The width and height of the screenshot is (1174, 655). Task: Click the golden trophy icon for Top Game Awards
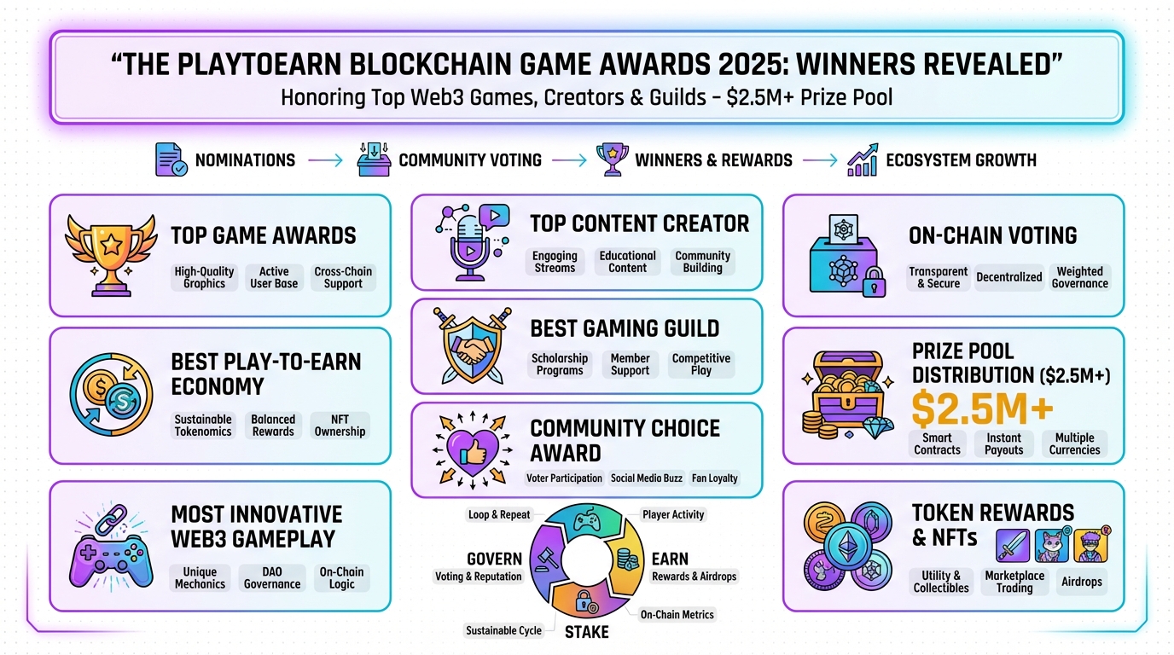(112, 253)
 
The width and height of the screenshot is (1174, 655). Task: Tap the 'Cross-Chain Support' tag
(343, 277)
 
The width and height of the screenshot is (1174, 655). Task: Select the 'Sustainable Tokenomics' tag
(203, 425)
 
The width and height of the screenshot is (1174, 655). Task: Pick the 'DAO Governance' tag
(272, 577)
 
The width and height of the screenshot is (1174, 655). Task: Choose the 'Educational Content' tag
(627, 261)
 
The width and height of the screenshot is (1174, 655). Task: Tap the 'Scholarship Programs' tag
(560, 364)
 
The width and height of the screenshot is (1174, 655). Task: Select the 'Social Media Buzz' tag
(647, 478)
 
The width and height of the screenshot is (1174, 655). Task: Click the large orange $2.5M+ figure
(981, 409)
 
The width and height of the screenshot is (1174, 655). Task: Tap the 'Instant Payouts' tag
(1004, 443)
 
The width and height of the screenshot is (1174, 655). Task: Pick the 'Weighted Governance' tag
(1079, 277)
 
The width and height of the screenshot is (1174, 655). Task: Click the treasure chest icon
(845, 397)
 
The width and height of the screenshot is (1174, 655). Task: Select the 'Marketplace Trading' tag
(1014, 581)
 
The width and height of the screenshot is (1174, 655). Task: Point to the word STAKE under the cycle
(586, 632)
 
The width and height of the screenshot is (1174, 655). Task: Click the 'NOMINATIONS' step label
(245, 160)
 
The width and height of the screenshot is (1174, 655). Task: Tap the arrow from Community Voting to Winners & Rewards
(570, 160)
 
